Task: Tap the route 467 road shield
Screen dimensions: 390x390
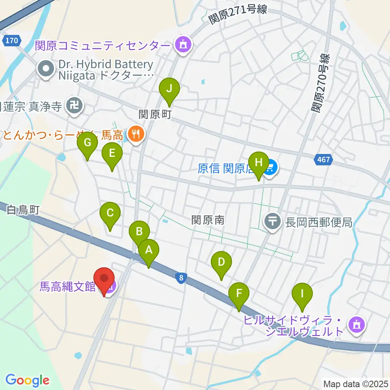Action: click(x=323, y=160)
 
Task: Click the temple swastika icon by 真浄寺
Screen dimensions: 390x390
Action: click(x=74, y=106)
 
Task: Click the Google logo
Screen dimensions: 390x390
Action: click(x=27, y=380)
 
